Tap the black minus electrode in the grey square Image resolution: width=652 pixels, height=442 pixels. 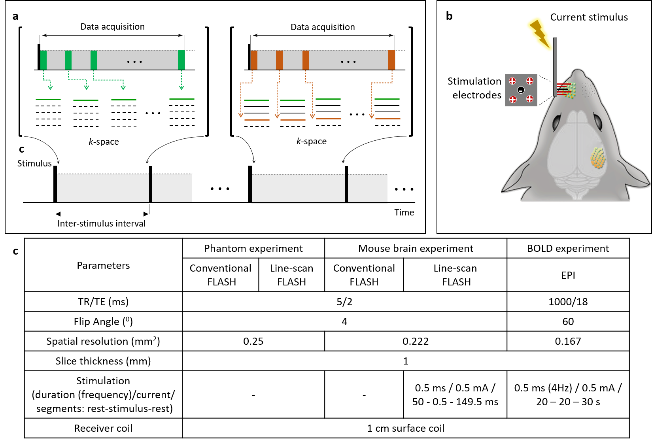[x=521, y=90]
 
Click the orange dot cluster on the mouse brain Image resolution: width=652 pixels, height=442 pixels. [x=598, y=158]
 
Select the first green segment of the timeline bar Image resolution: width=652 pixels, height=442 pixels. [x=43, y=60]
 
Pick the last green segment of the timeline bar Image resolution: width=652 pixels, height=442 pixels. [x=181, y=60]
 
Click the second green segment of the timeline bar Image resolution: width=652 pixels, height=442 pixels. [x=68, y=60]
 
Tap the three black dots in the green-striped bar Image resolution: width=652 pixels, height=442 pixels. [x=134, y=62]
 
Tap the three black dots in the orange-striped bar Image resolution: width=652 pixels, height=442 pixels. [x=348, y=62]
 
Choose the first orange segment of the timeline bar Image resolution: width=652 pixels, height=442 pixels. [x=254, y=60]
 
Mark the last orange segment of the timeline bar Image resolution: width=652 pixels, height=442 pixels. [x=391, y=60]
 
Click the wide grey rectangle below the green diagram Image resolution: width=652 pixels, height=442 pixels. [x=103, y=188]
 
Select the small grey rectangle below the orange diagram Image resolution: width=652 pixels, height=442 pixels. [x=368, y=188]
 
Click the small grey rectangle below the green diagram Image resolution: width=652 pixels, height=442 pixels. [x=172, y=188]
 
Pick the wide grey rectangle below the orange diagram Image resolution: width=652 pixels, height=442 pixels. [x=298, y=188]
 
